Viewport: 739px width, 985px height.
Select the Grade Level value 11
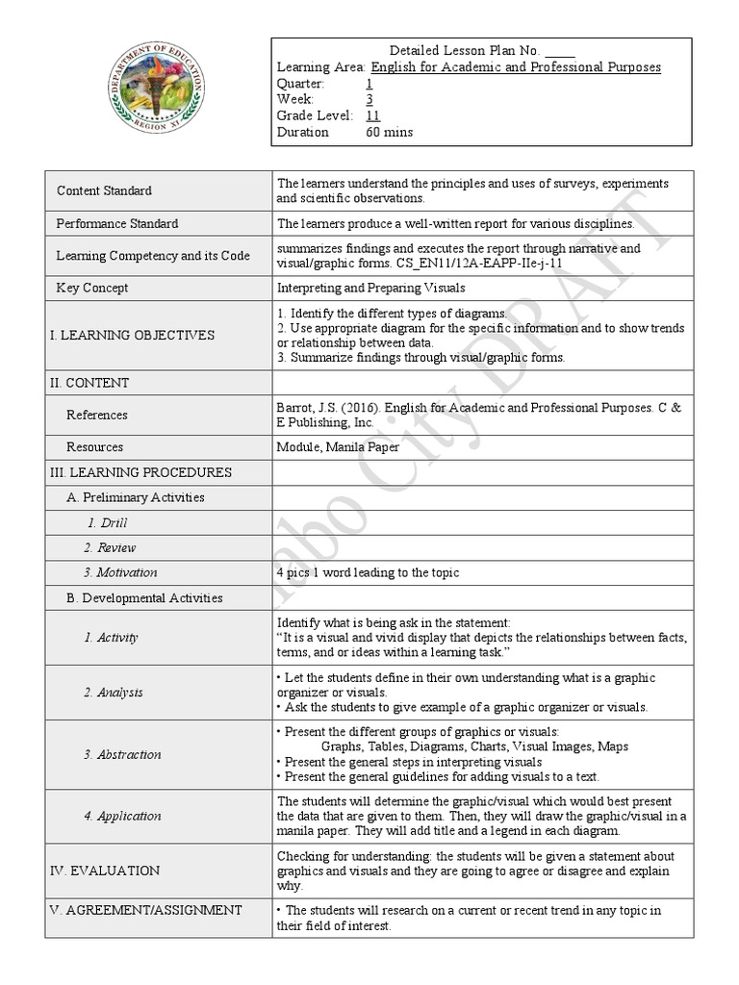click(373, 115)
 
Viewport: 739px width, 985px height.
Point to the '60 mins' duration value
click(389, 132)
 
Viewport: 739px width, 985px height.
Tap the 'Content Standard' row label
click(104, 190)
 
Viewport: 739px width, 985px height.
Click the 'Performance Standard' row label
click(116, 223)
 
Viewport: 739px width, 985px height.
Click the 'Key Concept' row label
click(92, 288)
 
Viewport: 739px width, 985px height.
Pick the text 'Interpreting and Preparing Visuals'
click(370, 288)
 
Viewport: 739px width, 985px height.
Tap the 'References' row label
click(96, 415)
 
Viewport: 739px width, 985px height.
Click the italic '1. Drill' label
click(107, 523)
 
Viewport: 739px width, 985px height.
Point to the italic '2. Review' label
click(110, 547)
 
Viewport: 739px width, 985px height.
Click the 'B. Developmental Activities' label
click(144, 597)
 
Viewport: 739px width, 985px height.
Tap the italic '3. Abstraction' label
click(122, 754)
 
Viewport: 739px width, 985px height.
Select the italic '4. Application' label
click(122, 816)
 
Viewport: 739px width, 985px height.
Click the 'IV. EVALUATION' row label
click(105, 871)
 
